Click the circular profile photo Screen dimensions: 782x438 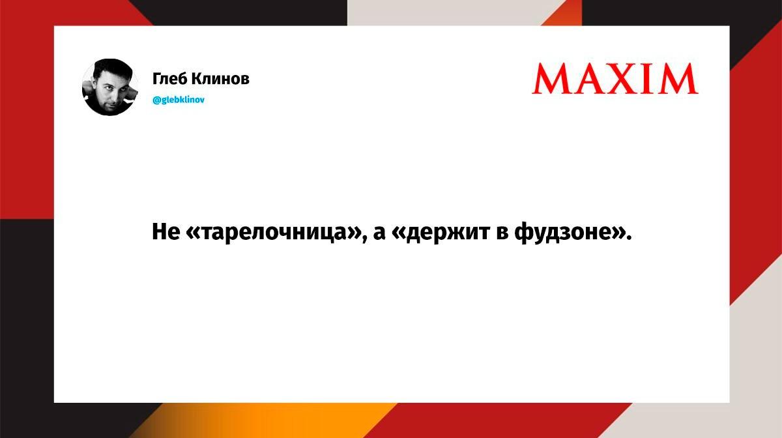[109, 87]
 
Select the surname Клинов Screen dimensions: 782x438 [220, 79]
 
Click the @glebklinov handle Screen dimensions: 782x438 [179, 100]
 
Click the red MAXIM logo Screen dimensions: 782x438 [615, 79]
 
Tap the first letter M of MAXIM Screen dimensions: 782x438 [550, 79]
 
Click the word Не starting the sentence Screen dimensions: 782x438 [166, 231]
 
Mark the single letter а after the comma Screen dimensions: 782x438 [379, 233]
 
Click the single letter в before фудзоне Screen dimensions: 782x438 [502, 233]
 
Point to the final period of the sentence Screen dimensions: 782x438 [629, 238]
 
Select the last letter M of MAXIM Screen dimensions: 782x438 [679, 79]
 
